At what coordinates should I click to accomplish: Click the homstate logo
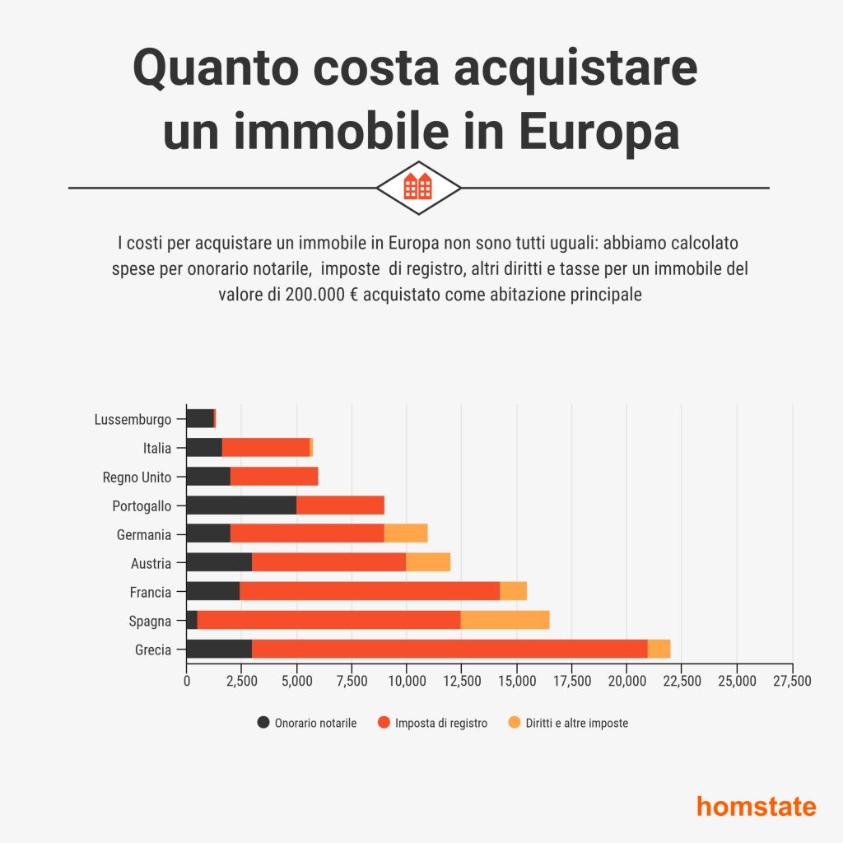pyautogui.click(x=756, y=805)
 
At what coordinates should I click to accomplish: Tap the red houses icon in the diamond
pyautogui.click(x=418, y=187)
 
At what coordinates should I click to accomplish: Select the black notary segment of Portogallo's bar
pyautogui.click(x=241, y=505)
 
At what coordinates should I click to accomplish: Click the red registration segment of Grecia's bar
pyautogui.click(x=449, y=650)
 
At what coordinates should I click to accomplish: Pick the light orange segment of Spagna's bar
pyautogui.click(x=505, y=621)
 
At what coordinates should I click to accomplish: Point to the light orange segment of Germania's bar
pyautogui.click(x=406, y=534)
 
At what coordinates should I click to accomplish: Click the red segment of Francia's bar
pyautogui.click(x=370, y=592)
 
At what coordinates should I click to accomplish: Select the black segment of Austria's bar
pyautogui.click(x=219, y=563)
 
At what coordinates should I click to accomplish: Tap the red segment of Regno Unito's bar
pyautogui.click(x=274, y=477)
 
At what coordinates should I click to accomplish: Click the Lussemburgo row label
pyautogui.click(x=133, y=420)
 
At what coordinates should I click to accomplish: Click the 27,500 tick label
pyautogui.click(x=792, y=681)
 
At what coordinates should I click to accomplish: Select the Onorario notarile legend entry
pyautogui.click(x=307, y=723)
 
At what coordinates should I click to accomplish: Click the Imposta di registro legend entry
pyautogui.click(x=432, y=723)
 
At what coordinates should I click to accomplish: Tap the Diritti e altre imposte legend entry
pyautogui.click(x=567, y=723)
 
